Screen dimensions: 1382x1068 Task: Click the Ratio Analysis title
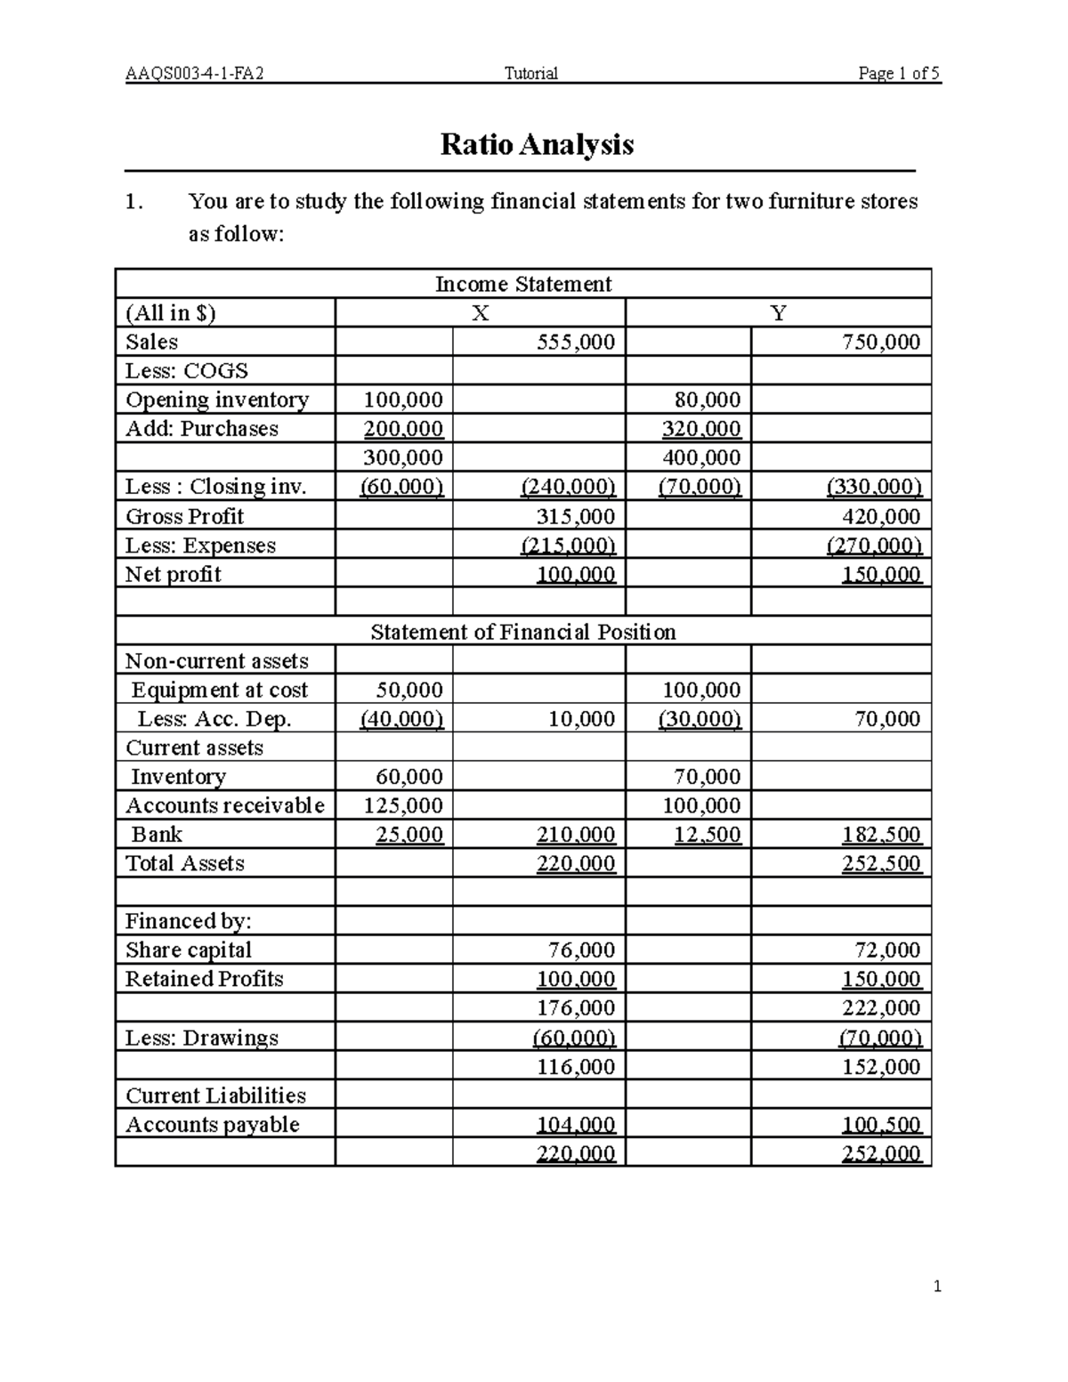537,144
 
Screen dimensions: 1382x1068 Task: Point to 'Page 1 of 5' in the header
898,74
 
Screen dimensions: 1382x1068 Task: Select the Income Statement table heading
522,284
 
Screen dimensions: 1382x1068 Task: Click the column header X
480,313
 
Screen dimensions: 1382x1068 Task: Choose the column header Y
778,313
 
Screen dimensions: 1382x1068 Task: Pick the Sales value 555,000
576,343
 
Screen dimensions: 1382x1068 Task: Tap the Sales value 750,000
880,343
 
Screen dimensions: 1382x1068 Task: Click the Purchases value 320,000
700,429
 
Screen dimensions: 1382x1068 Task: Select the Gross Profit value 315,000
576,517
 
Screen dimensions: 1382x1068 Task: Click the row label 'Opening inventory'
216,400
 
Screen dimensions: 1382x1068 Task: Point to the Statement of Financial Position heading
522,632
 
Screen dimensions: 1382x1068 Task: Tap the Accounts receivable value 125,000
402,806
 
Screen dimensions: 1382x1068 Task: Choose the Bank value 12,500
707,835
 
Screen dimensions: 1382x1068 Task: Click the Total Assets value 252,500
880,864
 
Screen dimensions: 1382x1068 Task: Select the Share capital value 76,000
581,950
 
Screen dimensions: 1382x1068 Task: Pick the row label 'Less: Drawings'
201,1038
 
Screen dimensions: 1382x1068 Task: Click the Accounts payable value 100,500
880,1125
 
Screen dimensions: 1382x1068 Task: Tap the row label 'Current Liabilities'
215,1095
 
